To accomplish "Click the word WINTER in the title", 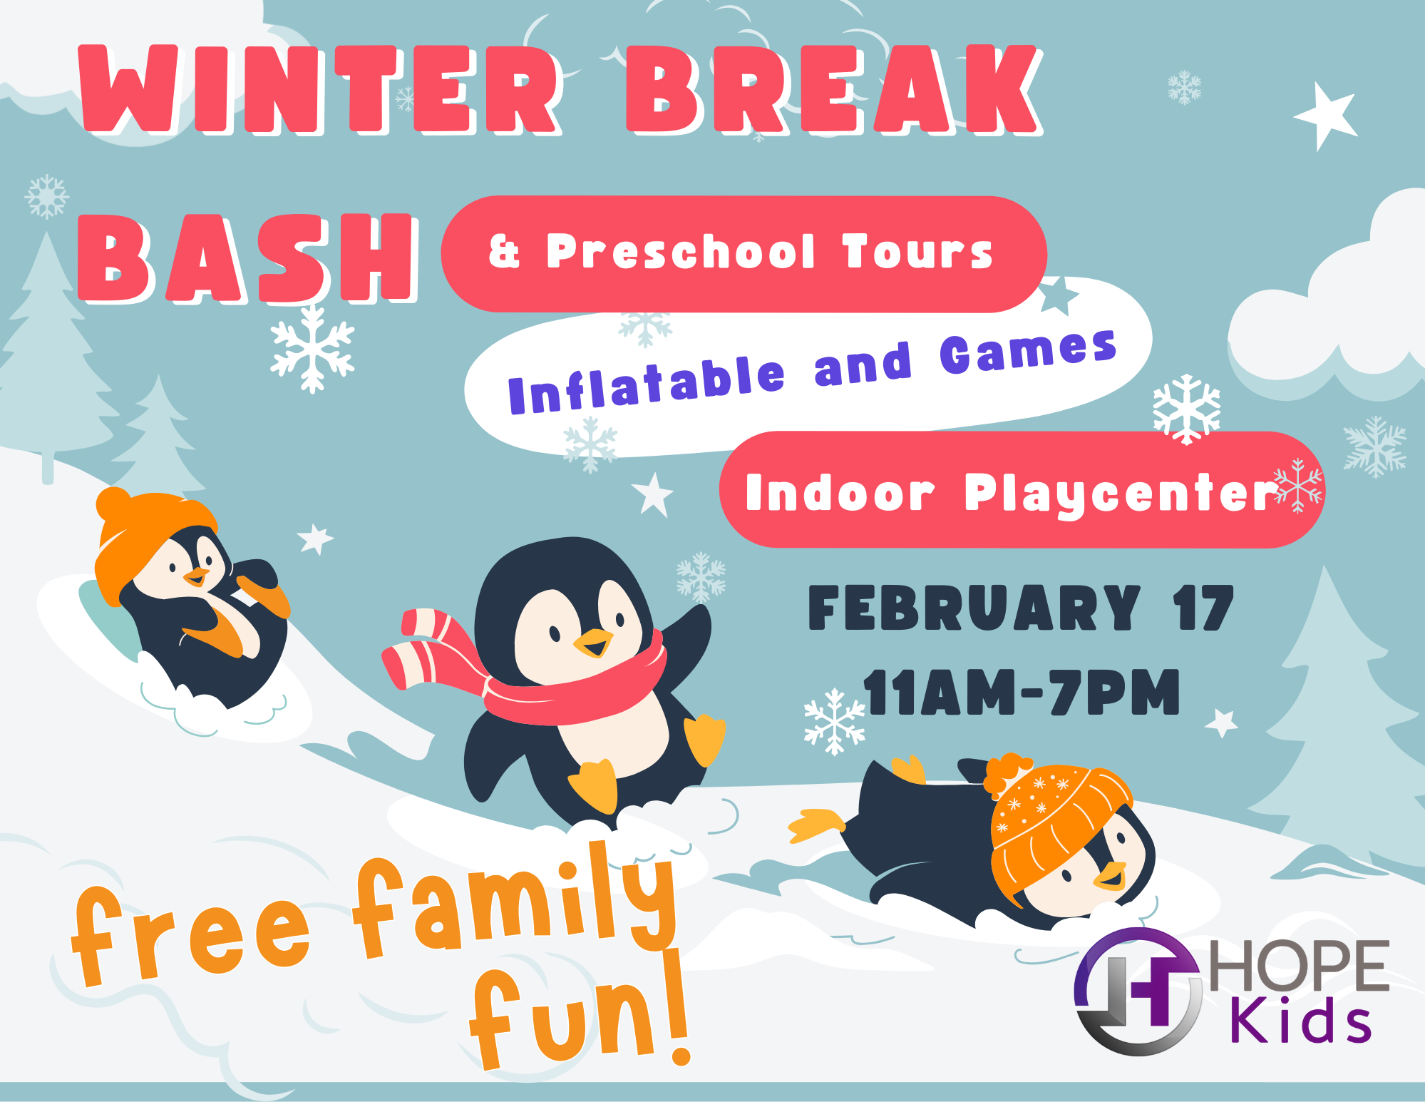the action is [321, 89].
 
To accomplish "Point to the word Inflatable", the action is [646, 385].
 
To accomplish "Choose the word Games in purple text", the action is [1028, 351].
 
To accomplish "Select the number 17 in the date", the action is [1203, 608].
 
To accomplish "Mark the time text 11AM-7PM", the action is [1022, 692].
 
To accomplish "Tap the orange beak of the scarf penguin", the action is [593, 643].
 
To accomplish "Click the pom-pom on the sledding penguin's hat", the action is [113, 504].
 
